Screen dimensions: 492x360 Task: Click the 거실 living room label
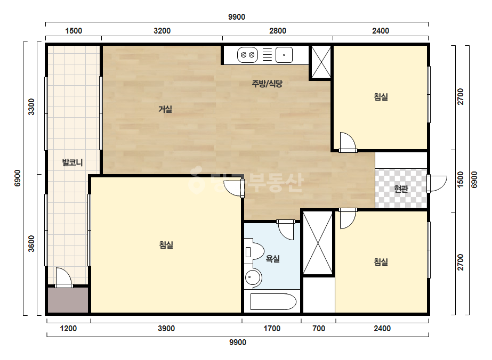point(165,109)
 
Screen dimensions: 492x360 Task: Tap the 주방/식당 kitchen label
point(267,84)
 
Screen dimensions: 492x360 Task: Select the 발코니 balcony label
point(72,162)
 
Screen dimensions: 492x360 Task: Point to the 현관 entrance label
point(401,189)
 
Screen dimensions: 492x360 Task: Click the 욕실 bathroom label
point(273,259)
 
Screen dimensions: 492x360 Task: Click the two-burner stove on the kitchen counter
point(247,55)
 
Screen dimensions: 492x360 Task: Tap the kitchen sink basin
point(284,55)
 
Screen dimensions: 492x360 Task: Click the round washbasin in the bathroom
point(253,277)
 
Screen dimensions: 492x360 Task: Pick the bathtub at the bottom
point(273,301)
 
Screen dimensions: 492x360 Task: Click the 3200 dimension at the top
point(162,31)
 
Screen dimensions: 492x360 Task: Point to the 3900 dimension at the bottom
point(166,329)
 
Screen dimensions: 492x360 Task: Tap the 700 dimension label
point(319,329)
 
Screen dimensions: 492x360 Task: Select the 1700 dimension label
point(272,329)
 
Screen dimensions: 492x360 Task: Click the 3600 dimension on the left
point(31,244)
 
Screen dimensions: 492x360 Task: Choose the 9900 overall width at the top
point(237,17)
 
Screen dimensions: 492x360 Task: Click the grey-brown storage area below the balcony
point(68,300)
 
